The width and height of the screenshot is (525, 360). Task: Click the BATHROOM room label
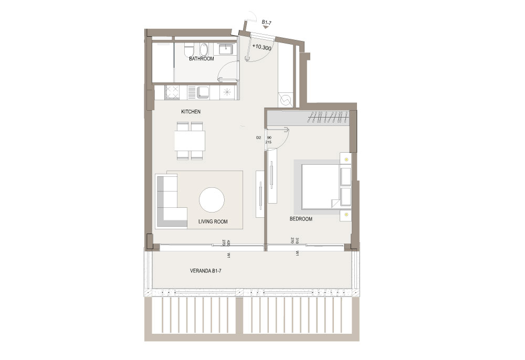(201, 59)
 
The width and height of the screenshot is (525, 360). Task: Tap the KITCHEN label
(191, 111)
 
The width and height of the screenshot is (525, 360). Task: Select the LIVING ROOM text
(213, 221)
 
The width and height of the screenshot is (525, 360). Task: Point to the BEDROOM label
(301, 219)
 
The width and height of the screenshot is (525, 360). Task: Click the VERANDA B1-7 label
(206, 271)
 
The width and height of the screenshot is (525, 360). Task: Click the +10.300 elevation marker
(262, 47)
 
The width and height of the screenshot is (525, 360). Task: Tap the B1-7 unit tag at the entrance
(267, 23)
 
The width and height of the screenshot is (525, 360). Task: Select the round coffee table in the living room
(212, 199)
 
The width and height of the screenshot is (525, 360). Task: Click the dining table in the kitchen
(190, 141)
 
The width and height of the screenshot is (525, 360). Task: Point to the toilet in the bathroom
(188, 50)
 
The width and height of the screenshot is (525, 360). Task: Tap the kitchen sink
(203, 92)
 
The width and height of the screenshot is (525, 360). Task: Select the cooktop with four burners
(172, 92)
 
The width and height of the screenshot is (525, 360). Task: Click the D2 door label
(258, 137)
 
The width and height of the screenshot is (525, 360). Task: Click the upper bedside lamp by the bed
(346, 159)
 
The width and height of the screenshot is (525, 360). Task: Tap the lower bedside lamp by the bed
(346, 215)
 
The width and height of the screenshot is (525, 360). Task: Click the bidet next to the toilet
(204, 50)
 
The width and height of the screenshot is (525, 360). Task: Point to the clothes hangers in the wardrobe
(330, 118)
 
